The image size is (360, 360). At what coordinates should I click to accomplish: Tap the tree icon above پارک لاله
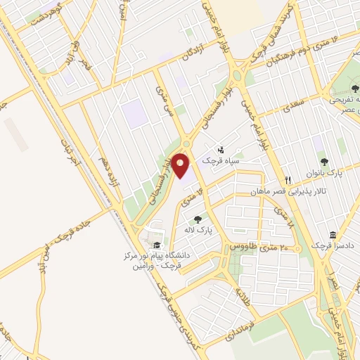198,219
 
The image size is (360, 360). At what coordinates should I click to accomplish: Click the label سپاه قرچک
220,161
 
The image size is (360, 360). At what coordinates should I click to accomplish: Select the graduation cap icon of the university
155,244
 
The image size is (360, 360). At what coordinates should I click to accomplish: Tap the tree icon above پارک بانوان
323,161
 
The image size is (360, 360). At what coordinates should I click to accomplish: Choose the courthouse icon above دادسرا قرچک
333,236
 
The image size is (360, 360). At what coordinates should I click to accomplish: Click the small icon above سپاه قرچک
221,149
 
